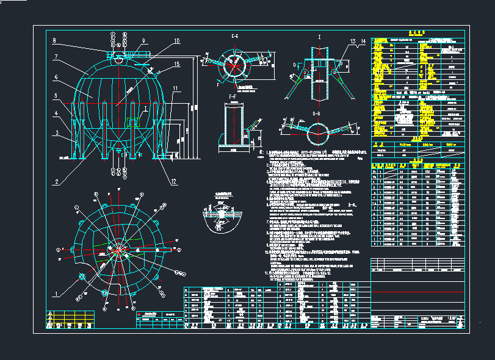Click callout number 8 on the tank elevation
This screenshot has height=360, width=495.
(54, 41)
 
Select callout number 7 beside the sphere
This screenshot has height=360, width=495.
(55, 57)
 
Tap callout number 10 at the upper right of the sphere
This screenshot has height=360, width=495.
(176, 41)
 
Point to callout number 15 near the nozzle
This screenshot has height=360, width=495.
(176, 63)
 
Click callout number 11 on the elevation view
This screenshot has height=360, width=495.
(175, 88)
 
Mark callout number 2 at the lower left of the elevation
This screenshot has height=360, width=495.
(55, 181)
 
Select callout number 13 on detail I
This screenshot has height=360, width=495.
(353, 41)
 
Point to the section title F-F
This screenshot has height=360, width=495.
(232, 96)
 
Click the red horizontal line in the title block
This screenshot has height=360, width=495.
(421, 292)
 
